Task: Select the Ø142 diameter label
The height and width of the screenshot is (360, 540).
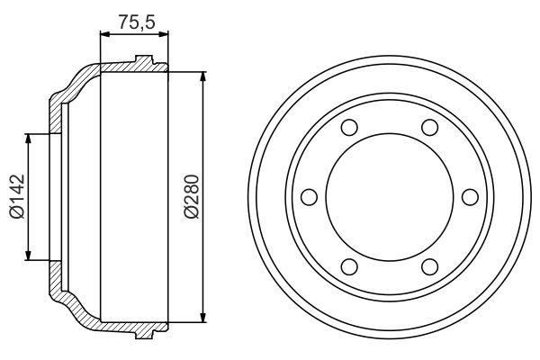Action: [18, 196]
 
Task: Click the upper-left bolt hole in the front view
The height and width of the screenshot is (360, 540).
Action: [350, 127]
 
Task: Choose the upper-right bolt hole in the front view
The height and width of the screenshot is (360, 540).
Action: [429, 127]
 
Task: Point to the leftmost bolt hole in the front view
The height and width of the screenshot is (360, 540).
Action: [310, 195]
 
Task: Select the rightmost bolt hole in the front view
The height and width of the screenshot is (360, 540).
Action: [469, 195]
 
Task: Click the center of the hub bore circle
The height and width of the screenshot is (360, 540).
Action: [390, 195]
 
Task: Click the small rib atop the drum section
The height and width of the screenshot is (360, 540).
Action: [141, 61]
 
